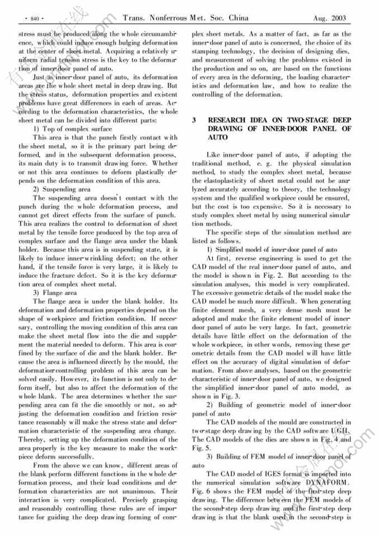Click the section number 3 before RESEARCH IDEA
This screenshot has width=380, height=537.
click(194, 120)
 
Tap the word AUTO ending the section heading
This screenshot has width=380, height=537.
click(218, 137)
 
